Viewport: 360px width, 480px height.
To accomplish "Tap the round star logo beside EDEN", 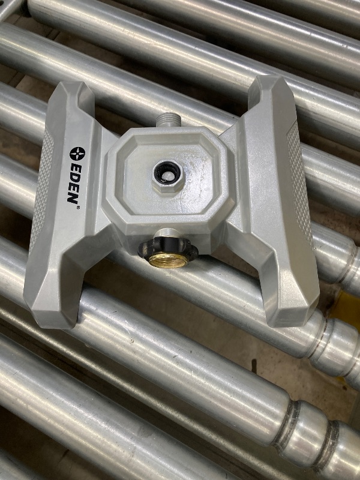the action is pyautogui.click(x=77, y=154).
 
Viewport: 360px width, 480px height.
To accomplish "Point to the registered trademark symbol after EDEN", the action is pyautogui.click(x=79, y=207).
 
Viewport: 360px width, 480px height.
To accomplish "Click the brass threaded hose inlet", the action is pyautogui.click(x=168, y=260).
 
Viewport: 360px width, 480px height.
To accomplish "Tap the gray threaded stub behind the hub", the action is pyautogui.click(x=167, y=119).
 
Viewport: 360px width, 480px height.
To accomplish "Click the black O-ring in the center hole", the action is pyautogui.click(x=167, y=172).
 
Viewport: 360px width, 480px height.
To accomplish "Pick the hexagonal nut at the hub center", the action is pyautogui.click(x=169, y=176).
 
